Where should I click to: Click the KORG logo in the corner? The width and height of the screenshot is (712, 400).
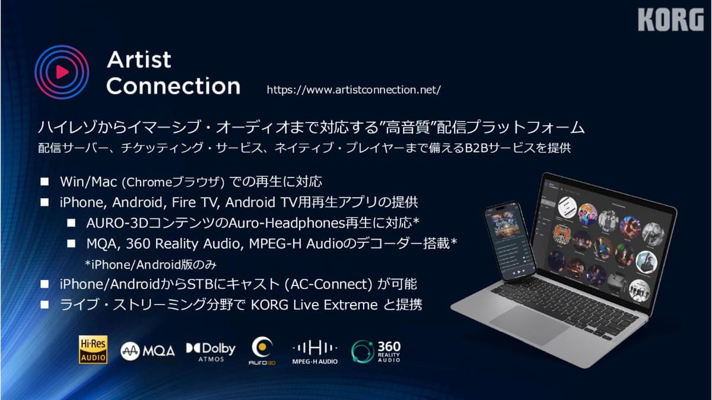click(670, 20)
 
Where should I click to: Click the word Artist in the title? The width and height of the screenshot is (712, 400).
click(139, 59)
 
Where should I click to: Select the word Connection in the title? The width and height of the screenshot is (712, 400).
click(173, 86)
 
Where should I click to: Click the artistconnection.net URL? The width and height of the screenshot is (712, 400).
click(354, 90)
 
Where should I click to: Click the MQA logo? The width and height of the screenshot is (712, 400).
click(148, 351)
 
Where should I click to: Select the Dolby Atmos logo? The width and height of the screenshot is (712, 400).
click(211, 351)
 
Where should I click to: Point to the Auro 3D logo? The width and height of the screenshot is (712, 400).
click(262, 351)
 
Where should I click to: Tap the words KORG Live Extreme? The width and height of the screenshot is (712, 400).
click(314, 305)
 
